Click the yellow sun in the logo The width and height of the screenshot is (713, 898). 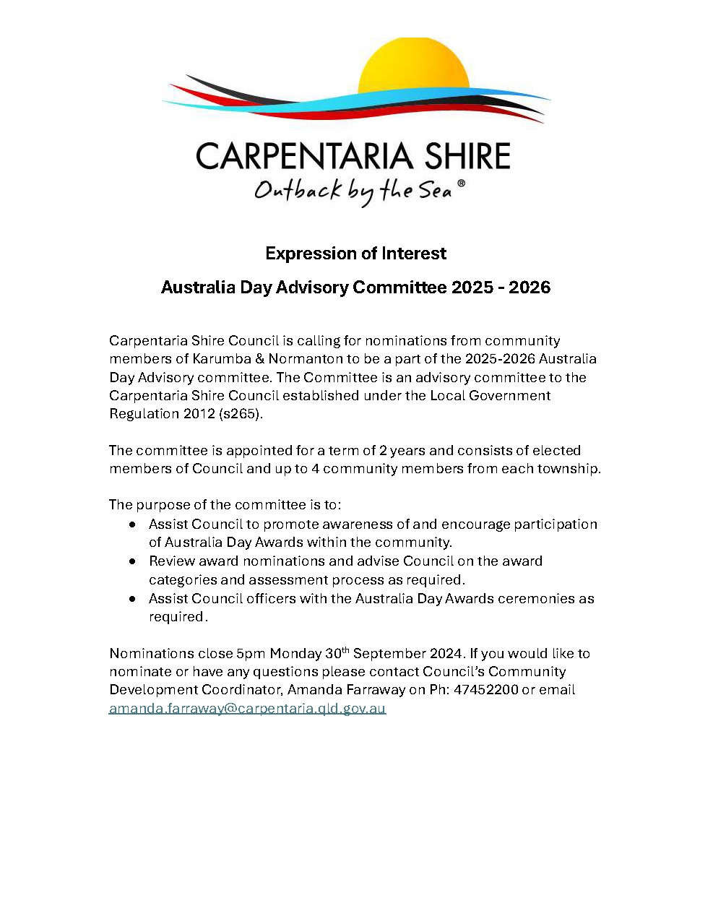[414, 69]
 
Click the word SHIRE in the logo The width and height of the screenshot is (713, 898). [467, 157]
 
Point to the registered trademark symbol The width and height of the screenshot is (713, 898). [462, 184]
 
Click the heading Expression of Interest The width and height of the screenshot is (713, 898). [356, 254]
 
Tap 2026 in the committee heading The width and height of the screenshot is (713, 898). [530, 288]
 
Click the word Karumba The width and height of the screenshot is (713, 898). [219, 359]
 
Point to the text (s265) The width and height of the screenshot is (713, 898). [240, 414]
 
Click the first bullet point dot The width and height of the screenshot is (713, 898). [132, 524]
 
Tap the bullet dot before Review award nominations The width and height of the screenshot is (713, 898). [132, 561]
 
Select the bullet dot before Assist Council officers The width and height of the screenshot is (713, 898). [132, 599]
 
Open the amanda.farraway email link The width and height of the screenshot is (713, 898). [248, 709]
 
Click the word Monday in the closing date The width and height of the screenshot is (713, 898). [295, 654]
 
